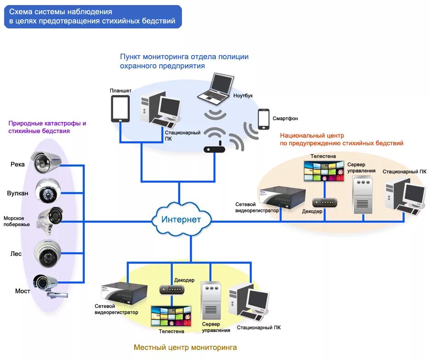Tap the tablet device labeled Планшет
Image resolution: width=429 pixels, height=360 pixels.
tap(120, 109)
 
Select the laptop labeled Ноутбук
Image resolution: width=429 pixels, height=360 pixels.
tap(215, 89)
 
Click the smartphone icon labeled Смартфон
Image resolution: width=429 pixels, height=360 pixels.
tap(264, 119)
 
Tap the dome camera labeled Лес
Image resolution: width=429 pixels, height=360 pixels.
tap(49, 252)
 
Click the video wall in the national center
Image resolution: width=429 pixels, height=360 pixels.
tap(324, 171)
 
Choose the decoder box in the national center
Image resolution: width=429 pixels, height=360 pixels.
tap(324, 202)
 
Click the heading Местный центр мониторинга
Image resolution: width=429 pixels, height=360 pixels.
tap(185, 348)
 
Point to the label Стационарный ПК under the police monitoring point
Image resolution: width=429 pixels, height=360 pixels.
tap(182, 135)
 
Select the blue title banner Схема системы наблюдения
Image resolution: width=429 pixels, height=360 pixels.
tap(93, 17)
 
